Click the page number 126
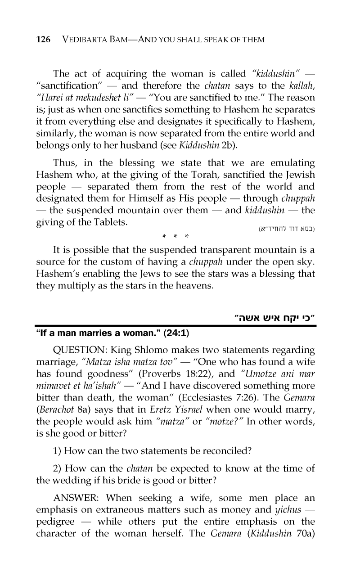[43, 40]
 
